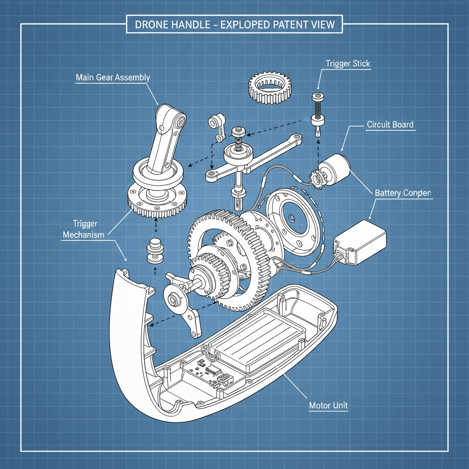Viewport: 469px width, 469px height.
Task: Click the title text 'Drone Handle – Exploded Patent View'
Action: click(x=234, y=24)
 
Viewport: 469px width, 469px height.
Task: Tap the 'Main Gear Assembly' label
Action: click(x=113, y=77)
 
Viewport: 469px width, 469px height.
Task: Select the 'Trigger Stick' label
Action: click(x=348, y=64)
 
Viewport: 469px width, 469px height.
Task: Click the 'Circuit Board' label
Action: click(x=390, y=125)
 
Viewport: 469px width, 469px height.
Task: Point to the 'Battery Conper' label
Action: click(x=403, y=193)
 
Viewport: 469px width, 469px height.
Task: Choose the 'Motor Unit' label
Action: click(x=328, y=405)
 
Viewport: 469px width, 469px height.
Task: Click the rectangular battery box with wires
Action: click(x=361, y=242)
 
